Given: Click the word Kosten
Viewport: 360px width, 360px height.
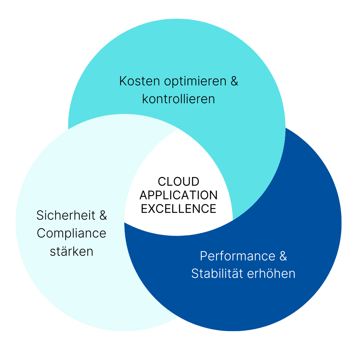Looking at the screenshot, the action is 140,81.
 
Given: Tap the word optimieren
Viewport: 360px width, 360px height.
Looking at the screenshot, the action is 195,81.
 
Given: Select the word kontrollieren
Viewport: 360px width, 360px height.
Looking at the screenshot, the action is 179,99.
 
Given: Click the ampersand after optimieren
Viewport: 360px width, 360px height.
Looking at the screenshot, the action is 234,81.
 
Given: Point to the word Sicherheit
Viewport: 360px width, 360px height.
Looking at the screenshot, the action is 66,215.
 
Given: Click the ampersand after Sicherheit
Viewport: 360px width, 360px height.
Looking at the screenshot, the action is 103,215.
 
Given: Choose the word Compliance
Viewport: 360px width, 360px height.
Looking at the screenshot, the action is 71,234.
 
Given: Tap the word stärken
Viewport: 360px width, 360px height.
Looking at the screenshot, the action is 72,251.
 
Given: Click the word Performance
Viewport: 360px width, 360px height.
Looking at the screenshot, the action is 237,256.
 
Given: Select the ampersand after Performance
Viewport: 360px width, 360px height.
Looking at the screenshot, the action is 283,256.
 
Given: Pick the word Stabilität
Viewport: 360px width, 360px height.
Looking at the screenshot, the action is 217,274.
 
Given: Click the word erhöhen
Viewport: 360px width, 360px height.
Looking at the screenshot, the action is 271,274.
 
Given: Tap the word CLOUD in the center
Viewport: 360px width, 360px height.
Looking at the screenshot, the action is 179,181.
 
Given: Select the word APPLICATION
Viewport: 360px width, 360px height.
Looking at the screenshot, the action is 179,195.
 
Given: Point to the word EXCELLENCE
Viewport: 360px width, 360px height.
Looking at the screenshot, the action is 179,209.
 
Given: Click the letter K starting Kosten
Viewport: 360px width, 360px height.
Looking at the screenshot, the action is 123,81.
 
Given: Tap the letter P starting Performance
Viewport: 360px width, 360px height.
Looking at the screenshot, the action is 204,256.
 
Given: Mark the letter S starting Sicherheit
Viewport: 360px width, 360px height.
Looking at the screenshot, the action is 40,215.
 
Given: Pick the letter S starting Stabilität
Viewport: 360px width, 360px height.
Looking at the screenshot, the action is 195,274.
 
